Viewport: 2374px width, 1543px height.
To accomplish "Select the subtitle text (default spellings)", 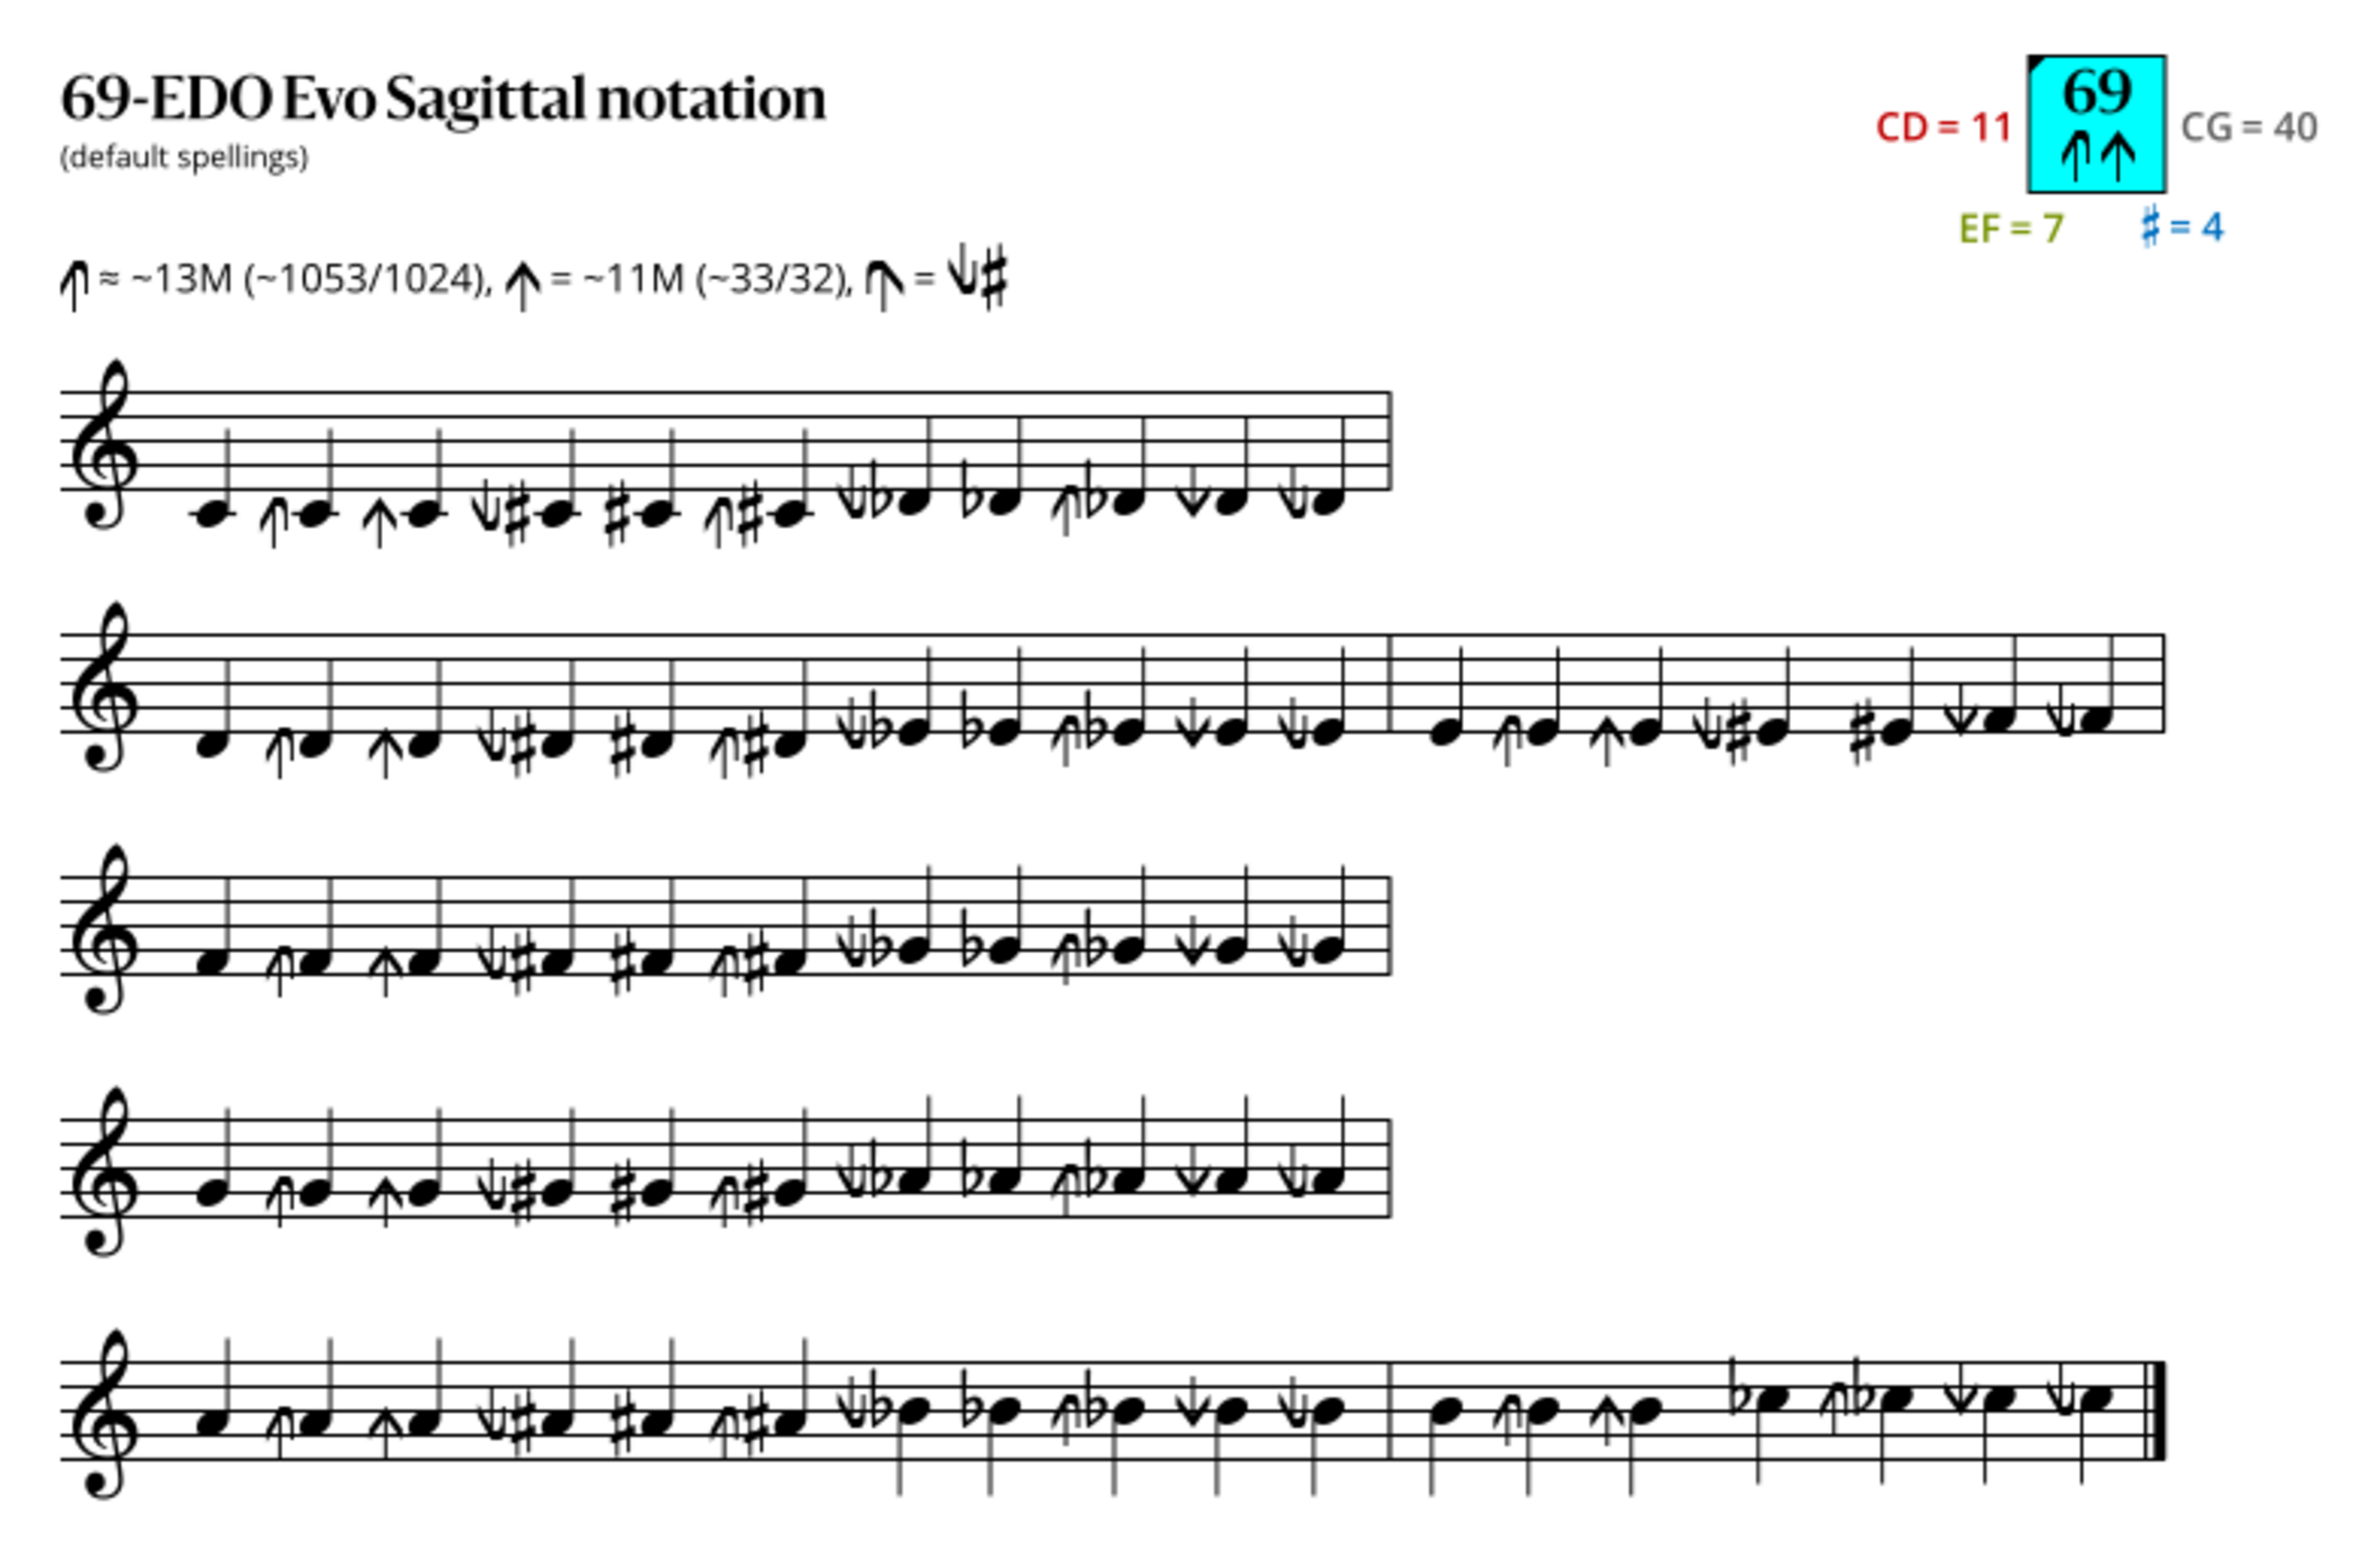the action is (x=185, y=158).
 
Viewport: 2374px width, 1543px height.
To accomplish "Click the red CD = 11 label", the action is (x=1943, y=128).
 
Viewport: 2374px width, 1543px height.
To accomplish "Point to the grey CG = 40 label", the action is (x=2248, y=128).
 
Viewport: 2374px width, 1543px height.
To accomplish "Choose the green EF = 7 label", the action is (x=2010, y=228).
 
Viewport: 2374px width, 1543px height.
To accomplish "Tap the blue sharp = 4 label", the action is (x=2182, y=226).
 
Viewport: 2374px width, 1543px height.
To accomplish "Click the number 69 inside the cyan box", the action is (x=2097, y=92).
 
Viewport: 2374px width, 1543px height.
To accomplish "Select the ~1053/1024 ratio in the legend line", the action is (x=364, y=279).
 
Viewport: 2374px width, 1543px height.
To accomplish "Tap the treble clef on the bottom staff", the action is (x=104, y=1413).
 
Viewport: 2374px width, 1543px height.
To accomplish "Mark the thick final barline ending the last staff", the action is (x=2159, y=1410).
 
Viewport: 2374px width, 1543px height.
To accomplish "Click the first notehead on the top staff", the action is (x=211, y=514).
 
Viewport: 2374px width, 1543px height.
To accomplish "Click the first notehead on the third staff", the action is (x=211, y=962).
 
